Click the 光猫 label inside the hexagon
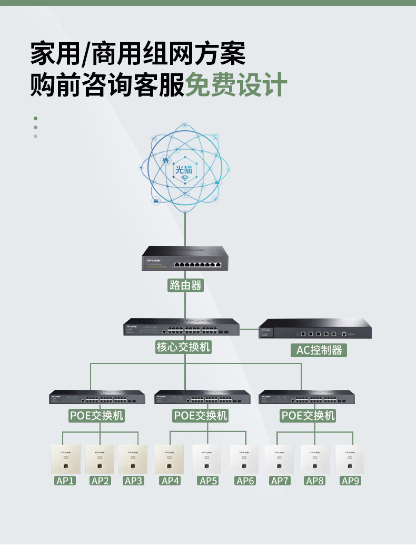coord(184,169)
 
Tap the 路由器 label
coord(185,285)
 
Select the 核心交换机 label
coord(183,347)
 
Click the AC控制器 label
coord(319,350)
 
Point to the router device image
coord(185,259)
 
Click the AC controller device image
coord(315,329)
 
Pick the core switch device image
coord(181,327)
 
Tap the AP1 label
coord(65,481)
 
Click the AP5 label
coord(209,481)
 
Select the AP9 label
coord(351,481)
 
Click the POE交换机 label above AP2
coord(97,416)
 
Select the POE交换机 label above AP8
coord(308,416)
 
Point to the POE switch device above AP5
coord(202,397)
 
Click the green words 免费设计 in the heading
coord(236,84)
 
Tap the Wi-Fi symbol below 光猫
coord(185,179)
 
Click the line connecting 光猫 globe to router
coord(185,229)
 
